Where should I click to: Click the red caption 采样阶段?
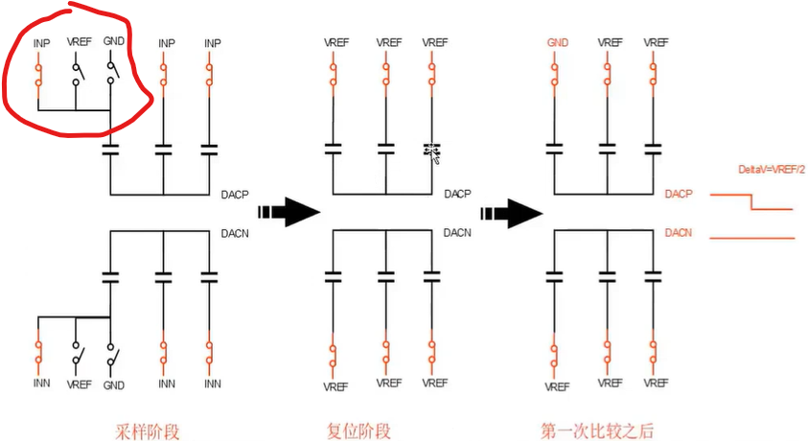148,431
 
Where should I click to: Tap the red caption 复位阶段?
359,431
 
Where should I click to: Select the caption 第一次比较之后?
599,431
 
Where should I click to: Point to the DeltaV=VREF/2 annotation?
772,170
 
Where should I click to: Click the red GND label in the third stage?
558,43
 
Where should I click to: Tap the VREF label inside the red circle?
77,43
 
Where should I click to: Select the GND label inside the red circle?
113,43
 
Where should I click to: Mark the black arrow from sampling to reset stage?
288,211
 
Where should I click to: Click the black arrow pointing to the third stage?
512,211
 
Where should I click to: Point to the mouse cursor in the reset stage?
432,152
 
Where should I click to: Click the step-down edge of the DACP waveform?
750,200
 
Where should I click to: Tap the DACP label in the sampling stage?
234,194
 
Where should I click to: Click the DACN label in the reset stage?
457,233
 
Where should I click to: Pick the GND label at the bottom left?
113,383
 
